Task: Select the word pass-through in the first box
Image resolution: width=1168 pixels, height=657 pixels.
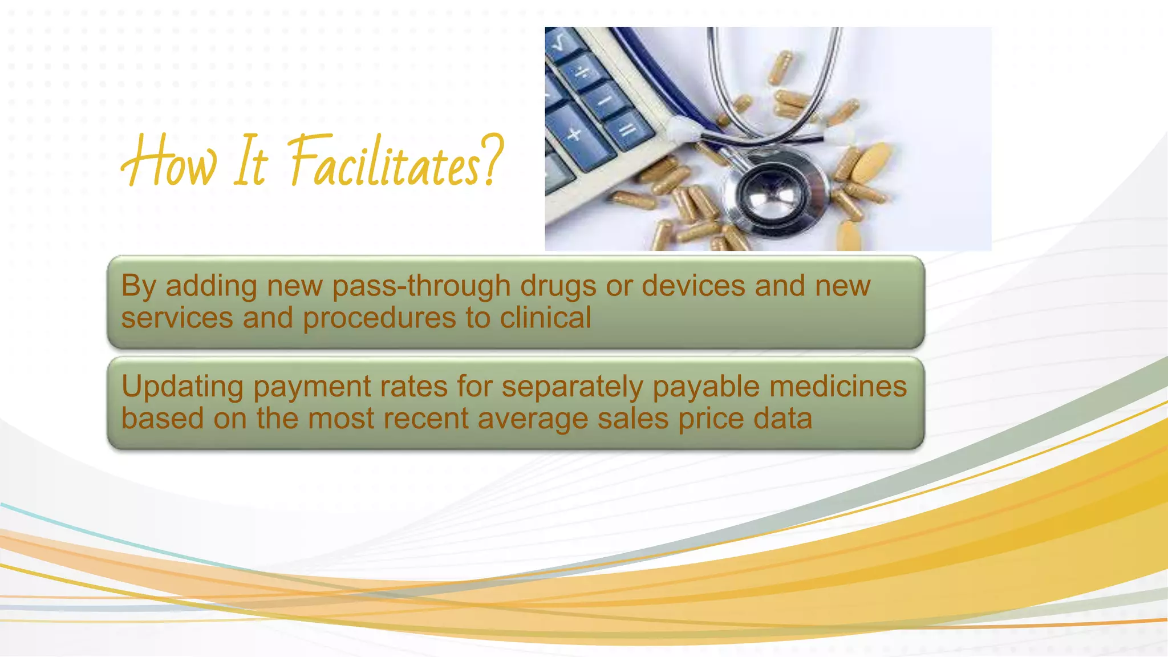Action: (x=421, y=286)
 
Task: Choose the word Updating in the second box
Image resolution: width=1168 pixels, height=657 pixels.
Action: (x=182, y=387)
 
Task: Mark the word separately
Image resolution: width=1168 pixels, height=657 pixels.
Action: (x=572, y=387)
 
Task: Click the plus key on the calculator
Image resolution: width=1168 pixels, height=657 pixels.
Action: (x=575, y=135)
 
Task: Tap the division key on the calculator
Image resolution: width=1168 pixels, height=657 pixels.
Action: (x=583, y=74)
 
